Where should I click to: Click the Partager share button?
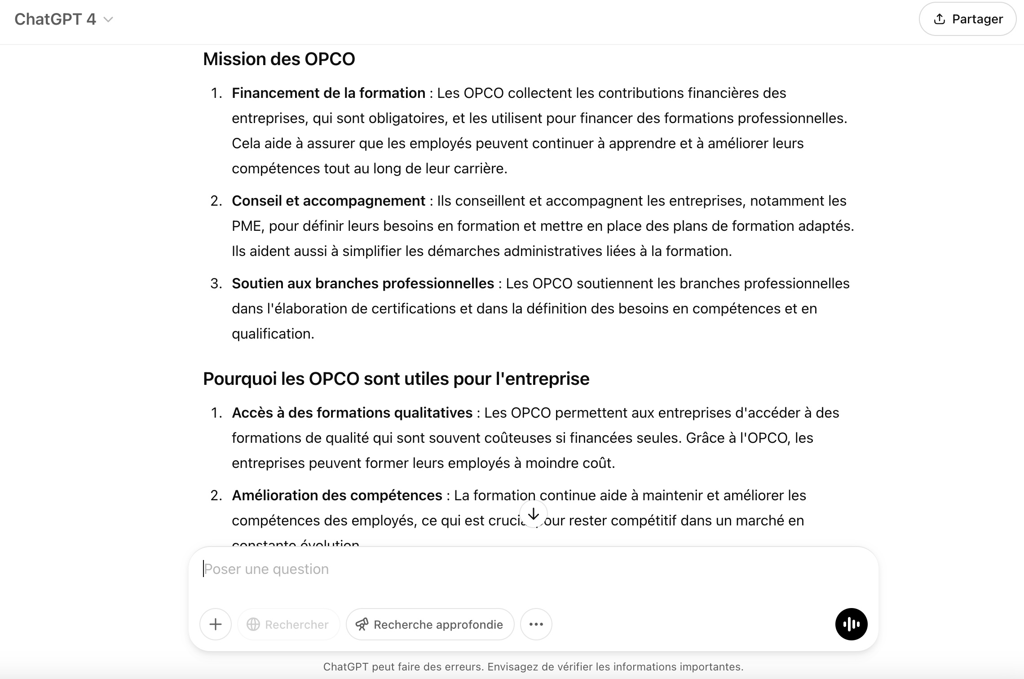(967, 19)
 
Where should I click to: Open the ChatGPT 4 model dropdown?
(63, 19)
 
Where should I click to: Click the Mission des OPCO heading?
(279, 59)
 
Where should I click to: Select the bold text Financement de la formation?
(328, 93)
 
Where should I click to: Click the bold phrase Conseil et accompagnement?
(328, 201)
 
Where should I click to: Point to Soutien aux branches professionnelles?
(362, 283)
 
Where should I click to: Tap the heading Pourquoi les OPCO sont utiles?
(396, 379)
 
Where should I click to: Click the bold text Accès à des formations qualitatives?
(352, 413)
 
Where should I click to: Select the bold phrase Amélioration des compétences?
(337, 495)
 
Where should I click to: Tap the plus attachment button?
(216, 624)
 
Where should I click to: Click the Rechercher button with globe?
(289, 624)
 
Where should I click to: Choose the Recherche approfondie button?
(430, 624)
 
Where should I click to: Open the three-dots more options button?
(536, 624)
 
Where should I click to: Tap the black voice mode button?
(851, 624)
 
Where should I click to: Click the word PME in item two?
(246, 226)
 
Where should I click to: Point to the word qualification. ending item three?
(273, 334)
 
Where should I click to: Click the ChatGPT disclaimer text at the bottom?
(533, 667)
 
